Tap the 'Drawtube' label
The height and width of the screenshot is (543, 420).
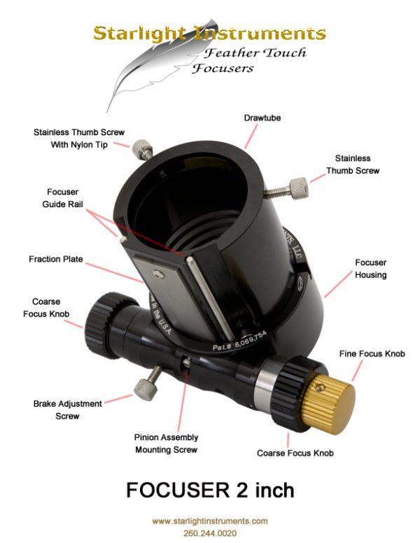coord(262,118)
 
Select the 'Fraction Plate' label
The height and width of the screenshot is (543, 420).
coord(55,259)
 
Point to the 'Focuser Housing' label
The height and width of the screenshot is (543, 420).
coord(370,269)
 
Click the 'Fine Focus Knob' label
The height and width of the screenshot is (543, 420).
coord(372,354)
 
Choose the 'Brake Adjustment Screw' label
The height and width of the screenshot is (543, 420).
coord(67,410)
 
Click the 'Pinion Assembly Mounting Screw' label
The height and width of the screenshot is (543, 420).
coord(166,444)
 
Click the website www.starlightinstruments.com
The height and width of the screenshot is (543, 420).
coord(210,521)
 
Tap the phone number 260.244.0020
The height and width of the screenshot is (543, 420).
coord(210,533)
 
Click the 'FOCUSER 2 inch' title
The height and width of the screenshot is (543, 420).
coord(210,491)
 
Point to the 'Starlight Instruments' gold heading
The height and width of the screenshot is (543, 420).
coord(210,32)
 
